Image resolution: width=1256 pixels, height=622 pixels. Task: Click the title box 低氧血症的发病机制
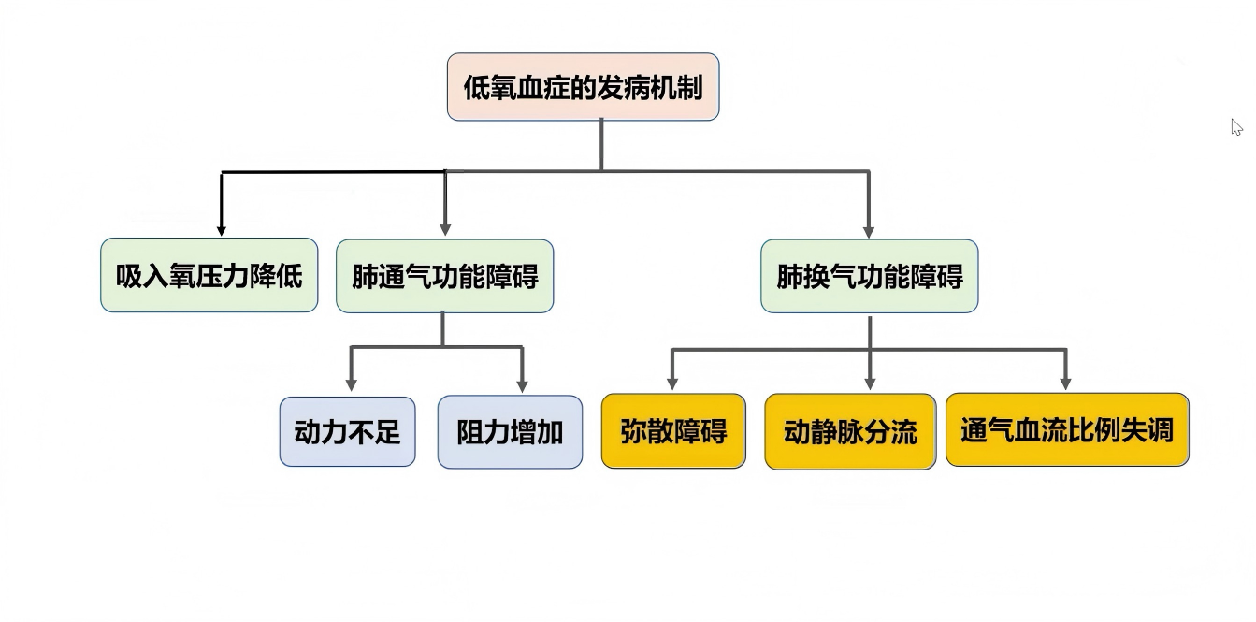pyautogui.click(x=583, y=87)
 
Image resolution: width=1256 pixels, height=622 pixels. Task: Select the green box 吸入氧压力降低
pyautogui.click(x=209, y=275)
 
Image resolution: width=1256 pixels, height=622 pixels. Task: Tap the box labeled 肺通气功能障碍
pyautogui.click(x=444, y=275)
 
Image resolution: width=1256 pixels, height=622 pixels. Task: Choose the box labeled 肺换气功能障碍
pyautogui.click(x=869, y=275)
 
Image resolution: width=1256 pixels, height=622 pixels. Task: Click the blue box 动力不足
pyautogui.click(x=347, y=431)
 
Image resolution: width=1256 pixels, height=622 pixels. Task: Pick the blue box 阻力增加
pyautogui.click(x=510, y=431)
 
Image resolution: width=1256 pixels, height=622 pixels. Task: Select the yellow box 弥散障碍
pyautogui.click(x=673, y=431)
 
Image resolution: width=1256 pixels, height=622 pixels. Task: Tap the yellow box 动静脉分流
pyautogui.click(x=850, y=431)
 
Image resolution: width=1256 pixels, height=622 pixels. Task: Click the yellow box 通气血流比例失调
pyautogui.click(x=1067, y=429)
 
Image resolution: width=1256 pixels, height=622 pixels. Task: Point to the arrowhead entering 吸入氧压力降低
pyautogui.click(x=221, y=229)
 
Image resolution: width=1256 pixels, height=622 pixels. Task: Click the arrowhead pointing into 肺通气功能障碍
pyautogui.click(x=445, y=229)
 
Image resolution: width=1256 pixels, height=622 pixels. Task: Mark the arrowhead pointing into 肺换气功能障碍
pyautogui.click(x=869, y=230)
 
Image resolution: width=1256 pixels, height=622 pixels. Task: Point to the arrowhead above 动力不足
pyautogui.click(x=351, y=383)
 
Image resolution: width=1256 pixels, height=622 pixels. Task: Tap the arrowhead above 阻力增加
pyautogui.click(x=522, y=384)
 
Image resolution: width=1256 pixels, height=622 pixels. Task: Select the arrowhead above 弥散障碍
pyautogui.click(x=672, y=383)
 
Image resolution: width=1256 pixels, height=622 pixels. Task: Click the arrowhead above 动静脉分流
pyautogui.click(x=870, y=383)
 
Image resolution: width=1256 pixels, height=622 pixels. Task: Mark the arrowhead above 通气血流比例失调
pyautogui.click(x=1065, y=383)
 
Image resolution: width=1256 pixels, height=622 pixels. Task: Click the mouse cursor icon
pyautogui.click(x=1236, y=127)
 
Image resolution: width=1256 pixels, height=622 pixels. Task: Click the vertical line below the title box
pyautogui.click(x=600, y=145)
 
